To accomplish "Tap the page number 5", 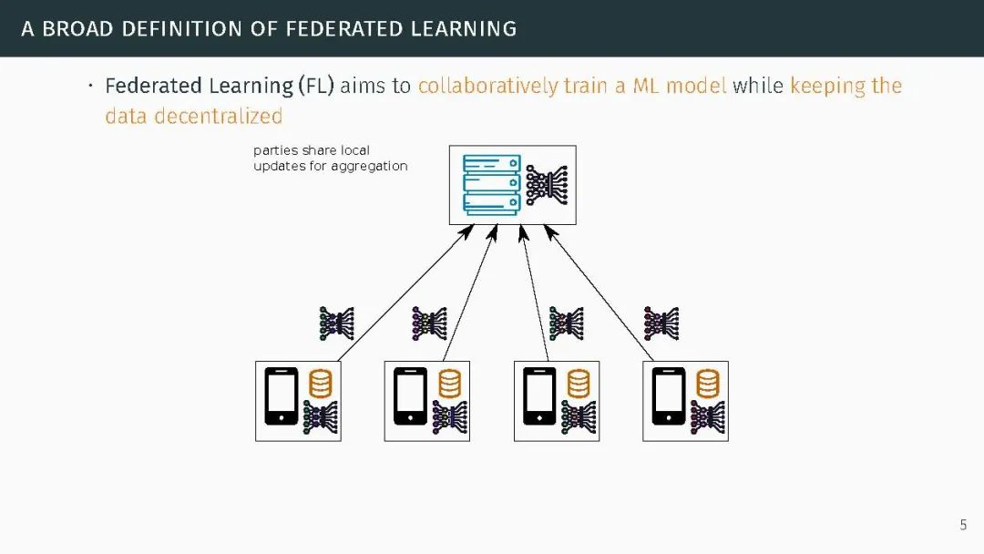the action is (x=963, y=525).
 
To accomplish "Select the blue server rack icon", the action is (x=491, y=185).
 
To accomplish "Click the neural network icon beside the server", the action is (x=547, y=185).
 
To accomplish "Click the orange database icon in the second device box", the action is (x=449, y=384).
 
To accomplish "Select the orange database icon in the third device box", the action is (x=579, y=384).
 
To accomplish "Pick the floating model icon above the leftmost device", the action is (x=336, y=323).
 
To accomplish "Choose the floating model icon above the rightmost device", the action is (x=661, y=323).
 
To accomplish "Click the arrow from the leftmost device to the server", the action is (x=401, y=296).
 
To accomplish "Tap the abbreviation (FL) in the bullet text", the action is (x=316, y=86).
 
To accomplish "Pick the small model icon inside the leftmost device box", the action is (x=320, y=417).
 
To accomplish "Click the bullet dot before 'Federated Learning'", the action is (x=90, y=86).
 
